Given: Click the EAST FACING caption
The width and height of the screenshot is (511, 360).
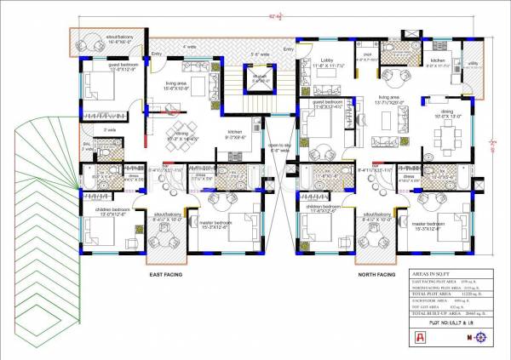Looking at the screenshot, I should click(x=167, y=275).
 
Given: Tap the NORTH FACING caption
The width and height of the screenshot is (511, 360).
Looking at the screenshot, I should click(x=376, y=275).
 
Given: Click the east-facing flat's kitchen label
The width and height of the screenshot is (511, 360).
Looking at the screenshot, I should click(x=234, y=132).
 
